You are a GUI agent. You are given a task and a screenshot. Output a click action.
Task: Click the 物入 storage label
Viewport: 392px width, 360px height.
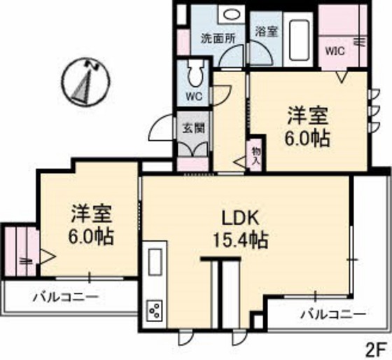(255, 155)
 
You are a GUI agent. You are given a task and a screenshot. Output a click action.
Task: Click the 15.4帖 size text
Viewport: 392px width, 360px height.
(239, 240)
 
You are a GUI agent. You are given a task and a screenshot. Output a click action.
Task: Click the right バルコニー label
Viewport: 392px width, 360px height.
(332, 313)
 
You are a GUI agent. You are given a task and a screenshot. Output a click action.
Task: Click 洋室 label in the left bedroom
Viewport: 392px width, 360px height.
(92, 211)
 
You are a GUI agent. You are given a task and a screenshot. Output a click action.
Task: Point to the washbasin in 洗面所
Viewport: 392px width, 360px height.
(229, 15)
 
